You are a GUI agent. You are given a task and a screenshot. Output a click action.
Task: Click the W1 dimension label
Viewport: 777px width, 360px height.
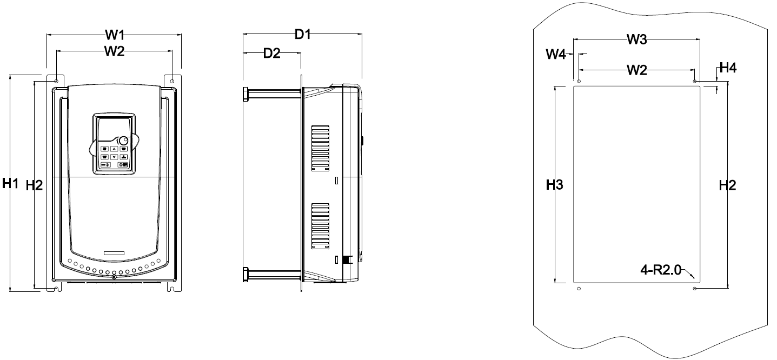tap(115, 35)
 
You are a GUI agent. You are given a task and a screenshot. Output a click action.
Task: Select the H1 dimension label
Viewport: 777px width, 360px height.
tap(10, 183)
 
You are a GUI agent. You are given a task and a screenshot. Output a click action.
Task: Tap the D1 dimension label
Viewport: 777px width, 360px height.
tap(302, 35)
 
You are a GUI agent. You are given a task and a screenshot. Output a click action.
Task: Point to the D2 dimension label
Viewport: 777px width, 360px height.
tap(271, 53)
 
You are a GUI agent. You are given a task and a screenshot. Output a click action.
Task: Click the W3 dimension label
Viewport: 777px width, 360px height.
tap(637, 39)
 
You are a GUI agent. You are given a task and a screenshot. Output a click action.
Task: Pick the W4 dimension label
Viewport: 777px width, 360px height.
tap(556, 54)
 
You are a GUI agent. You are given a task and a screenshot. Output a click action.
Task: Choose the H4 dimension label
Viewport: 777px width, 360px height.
tap(728, 68)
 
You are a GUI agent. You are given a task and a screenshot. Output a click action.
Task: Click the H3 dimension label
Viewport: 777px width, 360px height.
tap(554, 185)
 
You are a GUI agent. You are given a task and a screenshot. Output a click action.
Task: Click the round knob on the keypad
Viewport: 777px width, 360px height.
tap(123, 141)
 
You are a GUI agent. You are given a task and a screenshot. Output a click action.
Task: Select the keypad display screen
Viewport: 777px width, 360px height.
tap(114, 128)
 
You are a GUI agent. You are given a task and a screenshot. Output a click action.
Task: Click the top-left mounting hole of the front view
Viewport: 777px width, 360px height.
tap(56, 81)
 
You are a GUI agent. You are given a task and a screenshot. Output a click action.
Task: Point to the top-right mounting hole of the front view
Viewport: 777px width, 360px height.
tap(172, 81)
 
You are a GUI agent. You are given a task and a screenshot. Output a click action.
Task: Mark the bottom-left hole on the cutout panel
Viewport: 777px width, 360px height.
tap(579, 289)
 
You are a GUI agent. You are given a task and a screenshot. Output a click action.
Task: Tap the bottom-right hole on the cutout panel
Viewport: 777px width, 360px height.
tap(694, 289)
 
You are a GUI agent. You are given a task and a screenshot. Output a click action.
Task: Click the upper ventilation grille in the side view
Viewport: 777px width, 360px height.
tap(320, 148)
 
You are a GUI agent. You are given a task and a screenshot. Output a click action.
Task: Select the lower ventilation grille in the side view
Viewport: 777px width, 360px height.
tap(320, 226)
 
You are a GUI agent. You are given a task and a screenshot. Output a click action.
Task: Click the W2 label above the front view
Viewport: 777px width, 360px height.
tap(115, 51)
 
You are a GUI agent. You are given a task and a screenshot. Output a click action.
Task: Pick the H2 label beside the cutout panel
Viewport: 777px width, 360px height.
tap(727, 185)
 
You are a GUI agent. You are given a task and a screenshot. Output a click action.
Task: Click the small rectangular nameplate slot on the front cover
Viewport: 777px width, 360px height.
tap(114, 253)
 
